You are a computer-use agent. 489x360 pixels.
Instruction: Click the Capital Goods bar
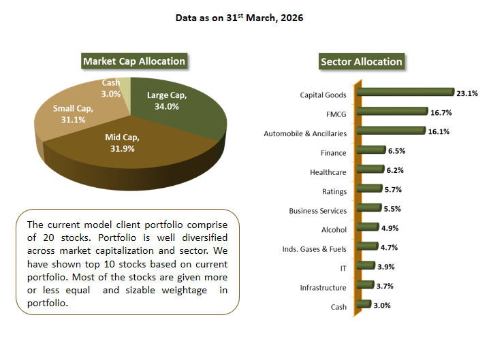coord(405,93)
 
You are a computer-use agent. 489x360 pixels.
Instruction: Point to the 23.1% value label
coord(467,93)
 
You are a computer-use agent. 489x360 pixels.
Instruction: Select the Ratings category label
coord(334,191)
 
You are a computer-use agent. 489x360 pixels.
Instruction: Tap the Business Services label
coord(317,211)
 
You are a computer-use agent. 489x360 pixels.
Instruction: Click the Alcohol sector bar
coord(366,227)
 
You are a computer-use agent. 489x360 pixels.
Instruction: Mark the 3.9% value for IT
coord(384,267)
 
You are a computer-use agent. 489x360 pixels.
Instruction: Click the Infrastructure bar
coord(363,285)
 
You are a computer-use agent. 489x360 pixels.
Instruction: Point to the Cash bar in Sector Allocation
coord(362,304)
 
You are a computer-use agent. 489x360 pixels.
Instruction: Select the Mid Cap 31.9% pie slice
coord(123,146)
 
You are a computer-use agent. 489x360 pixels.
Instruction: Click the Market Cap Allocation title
coord(134,61)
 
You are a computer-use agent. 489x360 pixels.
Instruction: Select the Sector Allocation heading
coord(361,62)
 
